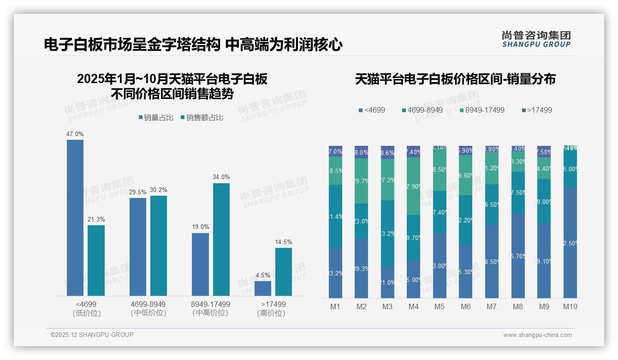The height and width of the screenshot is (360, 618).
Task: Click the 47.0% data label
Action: coord(75,134)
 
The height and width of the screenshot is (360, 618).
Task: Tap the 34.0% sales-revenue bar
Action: coord(221,240)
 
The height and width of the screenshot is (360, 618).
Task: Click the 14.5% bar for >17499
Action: coord(284,272)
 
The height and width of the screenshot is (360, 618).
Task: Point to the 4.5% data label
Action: coord(262,275)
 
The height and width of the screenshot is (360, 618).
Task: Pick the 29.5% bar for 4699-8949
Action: coord(138,247)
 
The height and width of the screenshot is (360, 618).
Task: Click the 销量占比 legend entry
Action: coord(156,118)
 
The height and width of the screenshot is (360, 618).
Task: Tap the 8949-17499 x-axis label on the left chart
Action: coord(210,305)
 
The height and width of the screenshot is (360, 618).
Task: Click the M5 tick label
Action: coord(440,307)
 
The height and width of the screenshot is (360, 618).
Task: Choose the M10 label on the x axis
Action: coord(570,307)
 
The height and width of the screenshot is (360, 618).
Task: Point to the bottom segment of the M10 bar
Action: coord(570,243)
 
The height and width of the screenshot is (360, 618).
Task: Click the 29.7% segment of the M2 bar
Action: coord(361,181)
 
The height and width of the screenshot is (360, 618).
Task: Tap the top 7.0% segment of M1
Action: coord(335,151)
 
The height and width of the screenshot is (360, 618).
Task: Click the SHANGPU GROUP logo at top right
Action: coord(536,39)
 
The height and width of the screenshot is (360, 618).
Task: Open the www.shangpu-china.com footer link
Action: coord(537,335)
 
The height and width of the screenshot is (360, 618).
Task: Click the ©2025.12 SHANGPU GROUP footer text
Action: coord(92,335)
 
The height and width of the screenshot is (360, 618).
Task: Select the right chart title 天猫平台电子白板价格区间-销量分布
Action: coord(455,79)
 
